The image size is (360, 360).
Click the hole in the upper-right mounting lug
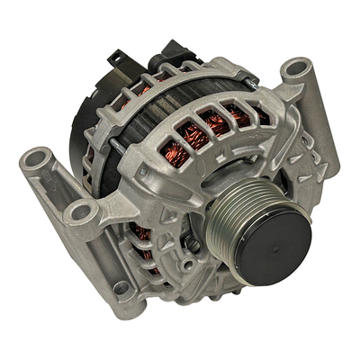297,70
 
